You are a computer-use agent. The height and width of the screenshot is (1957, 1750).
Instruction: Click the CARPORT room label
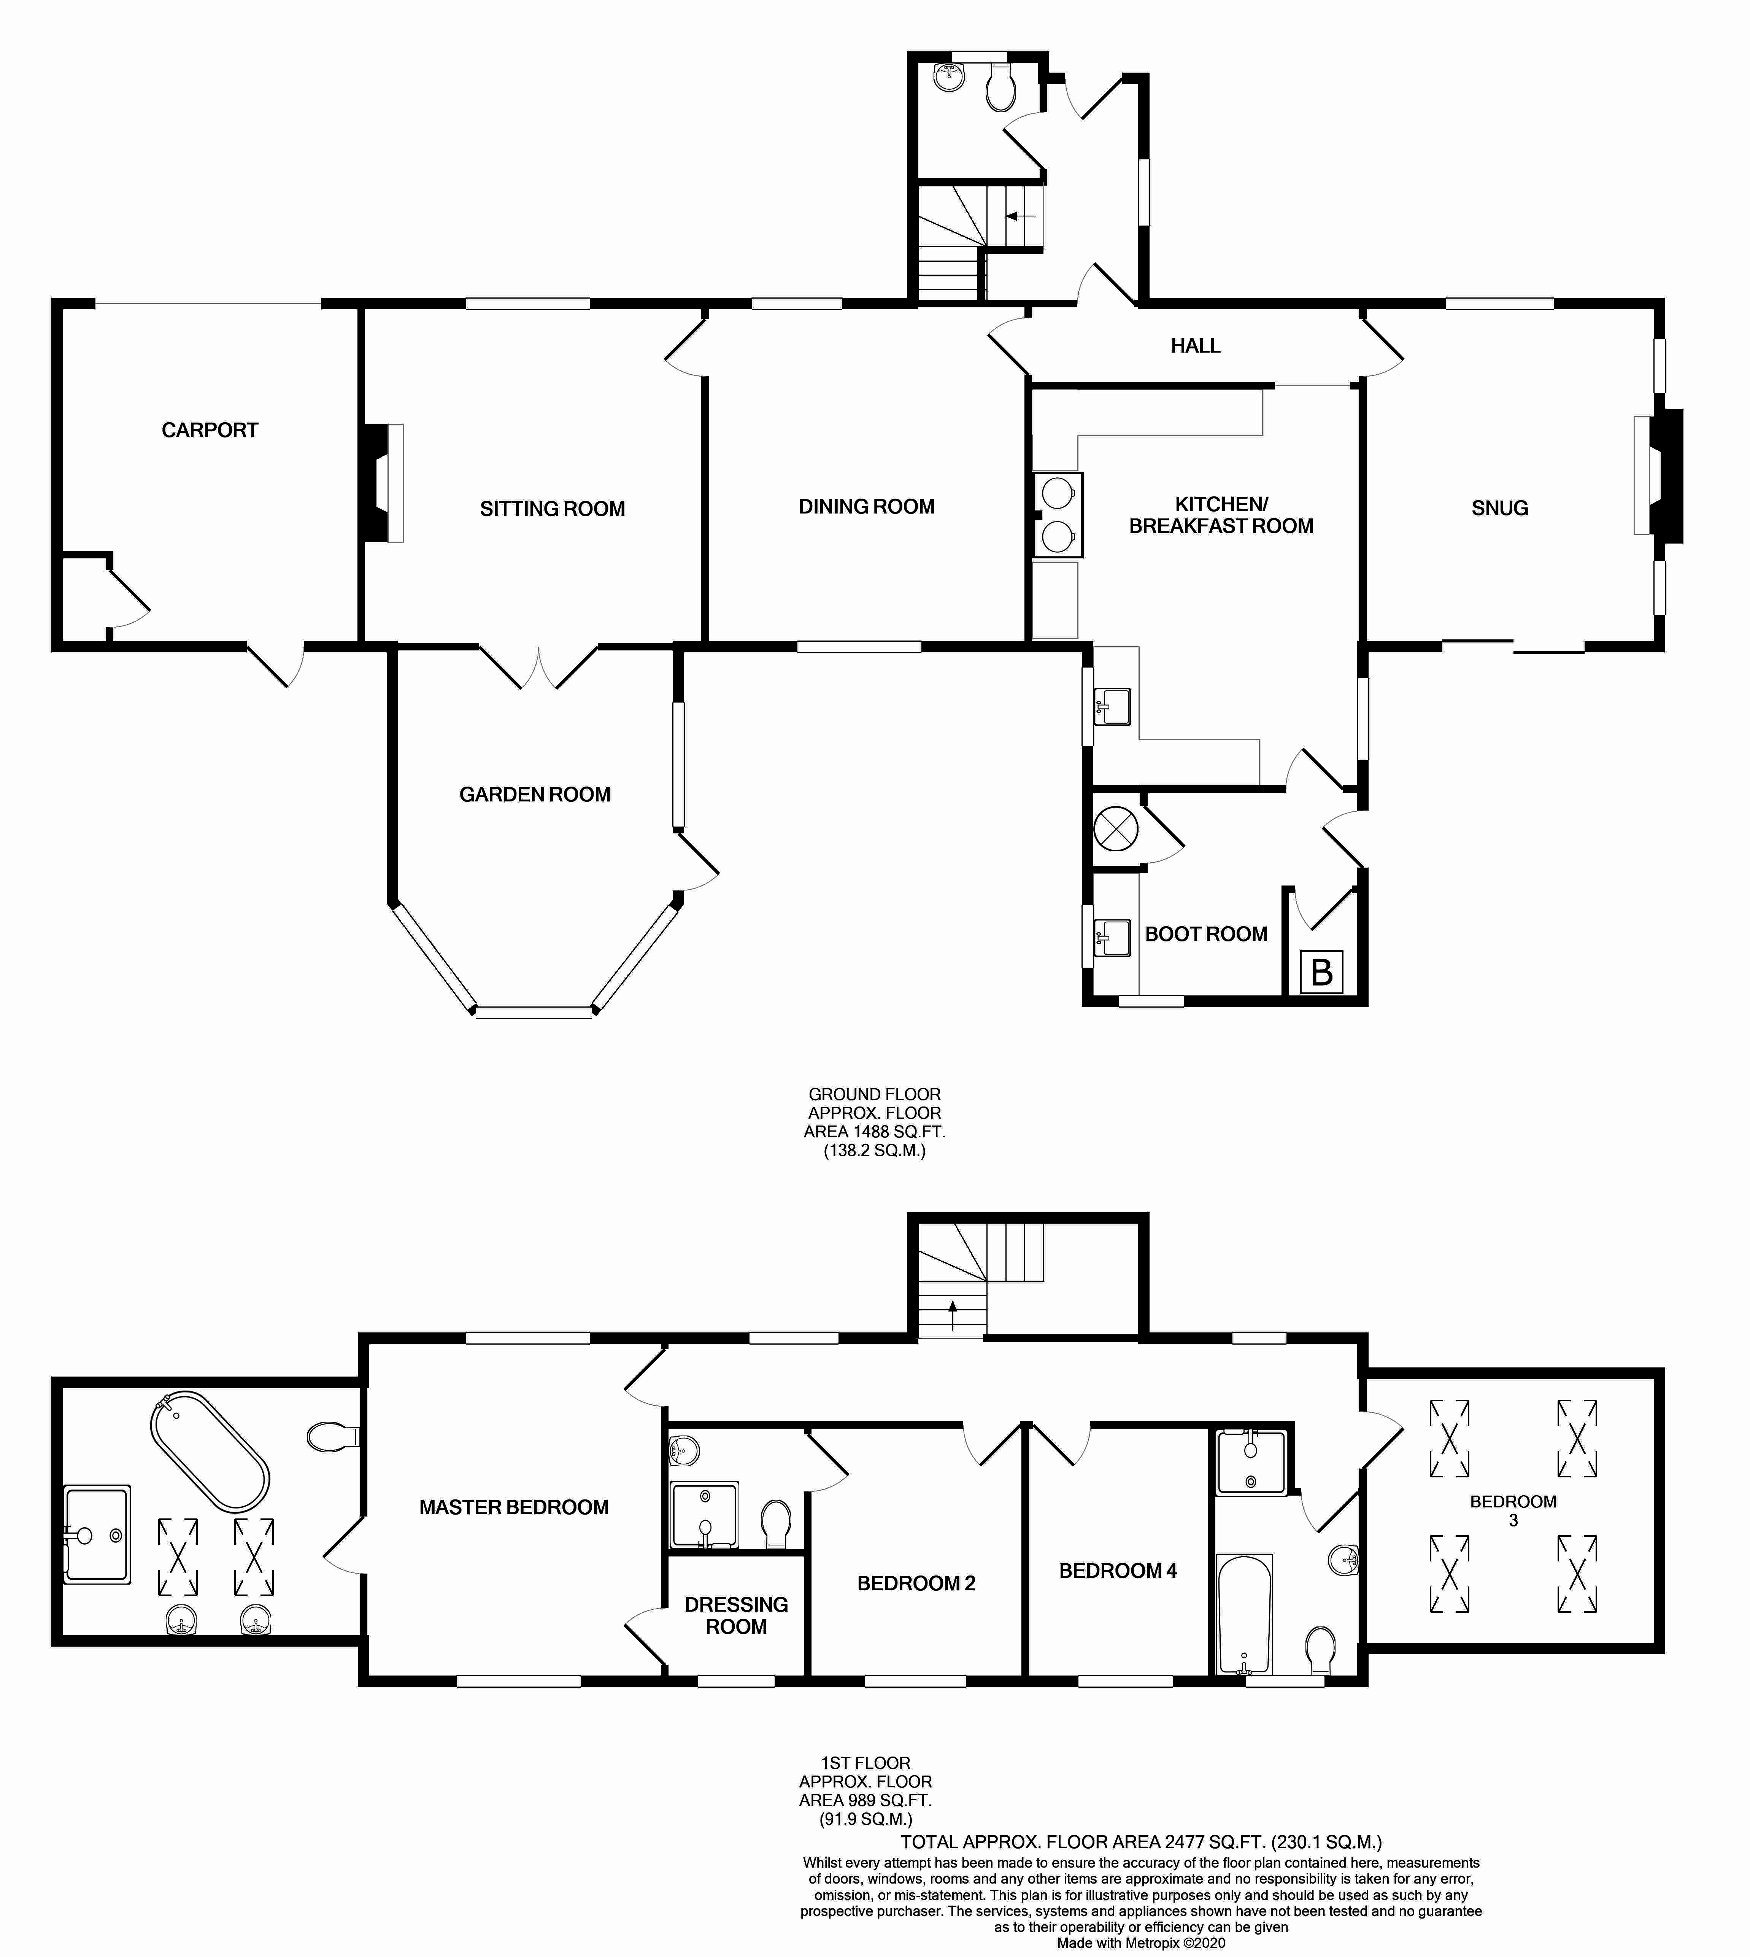pos(210,430)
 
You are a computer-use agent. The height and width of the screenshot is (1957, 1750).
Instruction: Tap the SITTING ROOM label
pos(552,509)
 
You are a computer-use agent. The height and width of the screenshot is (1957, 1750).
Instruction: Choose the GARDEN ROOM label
pos(535,794)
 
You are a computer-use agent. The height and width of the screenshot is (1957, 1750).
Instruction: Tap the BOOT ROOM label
pos(1206,934)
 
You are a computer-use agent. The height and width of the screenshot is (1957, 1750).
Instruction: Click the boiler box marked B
pos(1321,972)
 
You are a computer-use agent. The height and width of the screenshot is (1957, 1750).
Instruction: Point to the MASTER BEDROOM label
pos(513,1507)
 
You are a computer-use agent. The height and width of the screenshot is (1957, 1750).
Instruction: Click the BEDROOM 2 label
pos(915,1583)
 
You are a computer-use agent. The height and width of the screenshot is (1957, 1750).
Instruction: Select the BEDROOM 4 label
pos(1117,1571)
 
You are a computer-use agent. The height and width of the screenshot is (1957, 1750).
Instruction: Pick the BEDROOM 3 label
pos(1512,1510)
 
